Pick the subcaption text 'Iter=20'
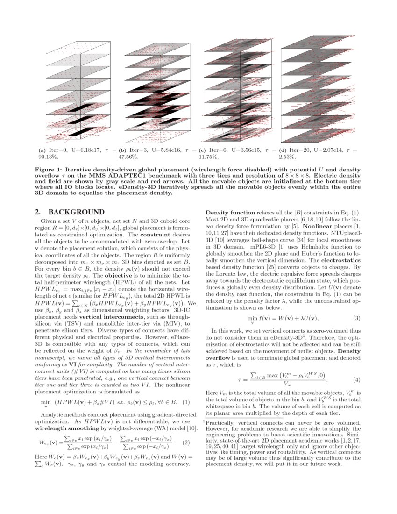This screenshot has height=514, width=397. coord(299,150)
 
